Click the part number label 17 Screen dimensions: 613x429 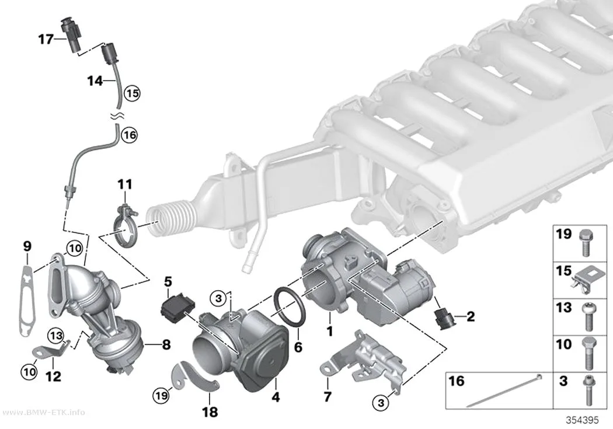pos(46,39)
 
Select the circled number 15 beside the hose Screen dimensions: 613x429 pos(133,93)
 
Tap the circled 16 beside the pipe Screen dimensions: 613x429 pos(130,135)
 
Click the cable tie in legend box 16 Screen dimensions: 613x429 pos(503,390)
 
